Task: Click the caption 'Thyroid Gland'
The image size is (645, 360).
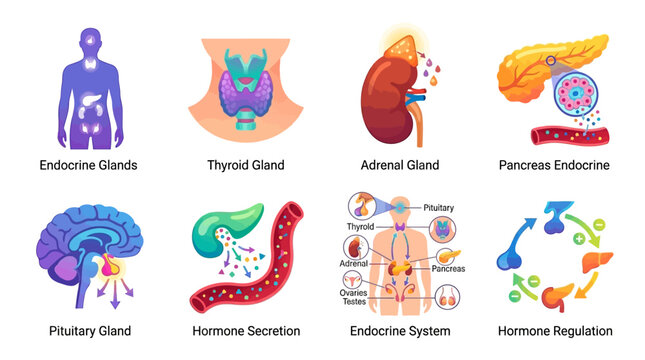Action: (245, 165)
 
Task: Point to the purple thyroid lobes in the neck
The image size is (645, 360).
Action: (244, 93)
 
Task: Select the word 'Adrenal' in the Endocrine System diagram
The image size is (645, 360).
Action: (355, 265)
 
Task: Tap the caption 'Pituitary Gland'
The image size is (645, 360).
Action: (90, 331)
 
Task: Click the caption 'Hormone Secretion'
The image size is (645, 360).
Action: (245, 331)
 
